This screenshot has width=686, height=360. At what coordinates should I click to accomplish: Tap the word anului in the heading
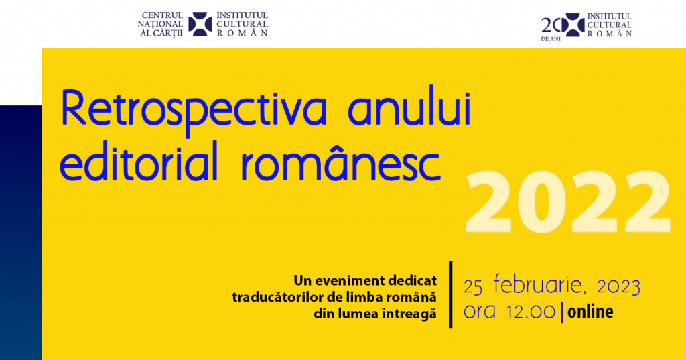pyautogui.click(x=409, y=107)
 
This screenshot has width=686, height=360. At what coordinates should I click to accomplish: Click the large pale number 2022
pyautogui.click(x=567, y=202)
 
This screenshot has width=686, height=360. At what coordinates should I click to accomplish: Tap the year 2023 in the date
pyautogui.click(x=618, y=286)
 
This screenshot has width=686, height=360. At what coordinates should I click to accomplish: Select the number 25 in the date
pyautogui.click(x=473, y=287)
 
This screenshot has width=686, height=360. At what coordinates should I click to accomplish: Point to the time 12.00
pyautogui.click(x=531, y=312)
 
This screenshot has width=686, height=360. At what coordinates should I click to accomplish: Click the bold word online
pyautogui.click(x=590, y=312)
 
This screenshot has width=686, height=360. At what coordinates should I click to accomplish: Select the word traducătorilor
pyautogui.click(x=275, y=297)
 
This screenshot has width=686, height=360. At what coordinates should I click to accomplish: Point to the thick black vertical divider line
pyautogui.click(x=451, y=295)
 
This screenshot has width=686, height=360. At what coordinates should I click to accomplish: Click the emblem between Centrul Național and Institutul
pyautogui.click(x=200, y=24)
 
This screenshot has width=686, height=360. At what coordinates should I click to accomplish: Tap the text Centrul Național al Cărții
pyautogui.click(x=161, y=24)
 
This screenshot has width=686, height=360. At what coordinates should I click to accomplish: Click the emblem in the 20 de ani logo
pyautogui.click(x=573, y=25)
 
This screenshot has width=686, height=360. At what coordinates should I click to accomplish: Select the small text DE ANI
pyautogui.click(x=551, y=39)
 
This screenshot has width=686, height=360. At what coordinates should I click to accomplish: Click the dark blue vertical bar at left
pyautogui.click(x=21, y=233)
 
